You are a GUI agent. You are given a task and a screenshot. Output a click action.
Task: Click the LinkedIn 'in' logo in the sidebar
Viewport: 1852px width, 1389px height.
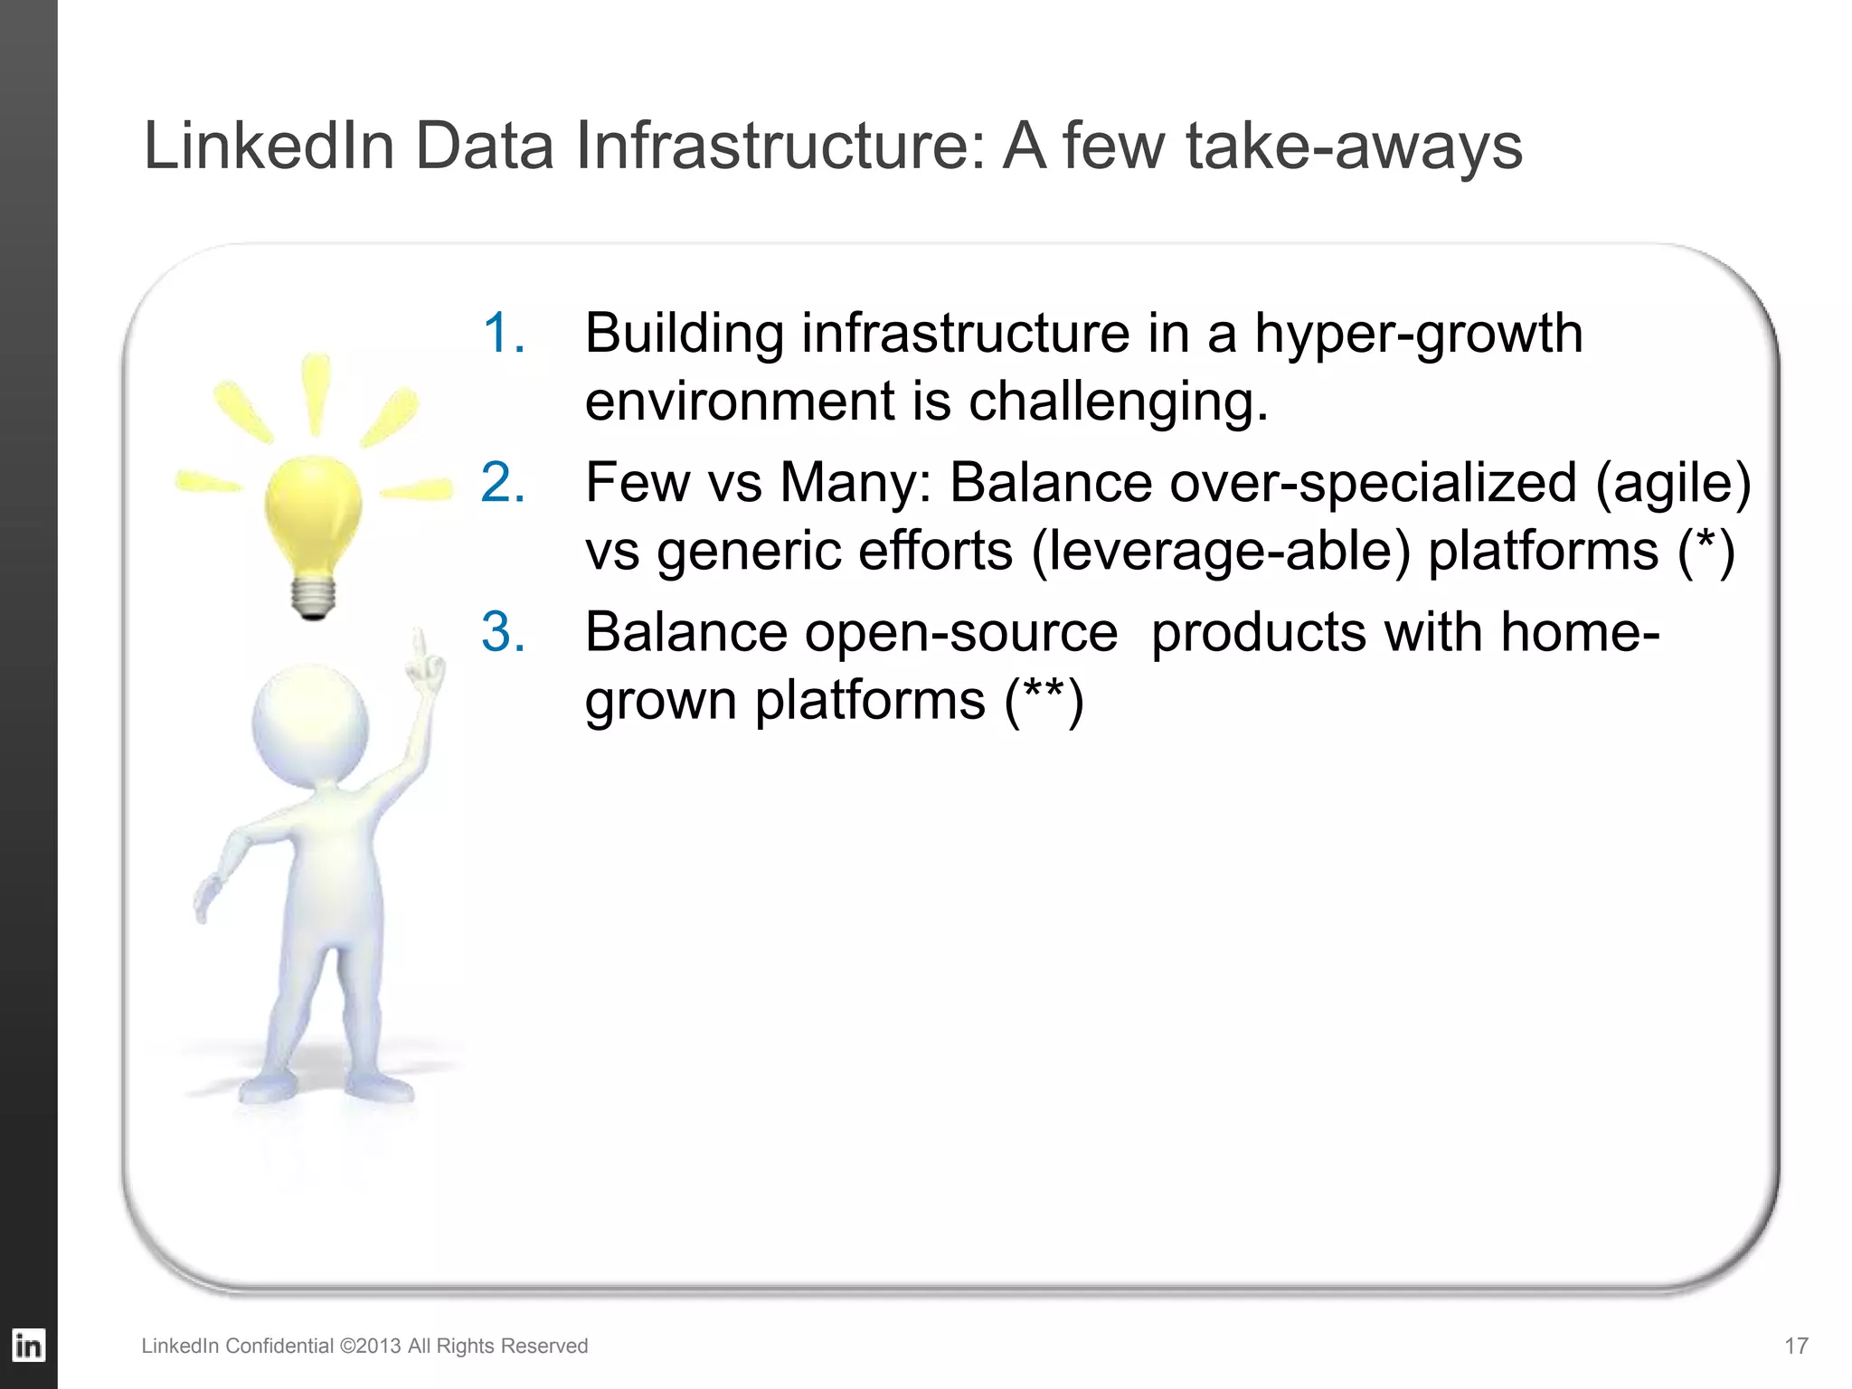[x=28, y=1346]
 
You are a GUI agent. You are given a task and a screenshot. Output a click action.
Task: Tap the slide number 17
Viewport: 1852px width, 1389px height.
[x=1796, y=1346]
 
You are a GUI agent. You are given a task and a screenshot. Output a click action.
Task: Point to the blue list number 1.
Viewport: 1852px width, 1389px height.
[x=503, y=333]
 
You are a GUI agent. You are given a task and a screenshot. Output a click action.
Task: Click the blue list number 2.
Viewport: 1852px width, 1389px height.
[x=503, y=482]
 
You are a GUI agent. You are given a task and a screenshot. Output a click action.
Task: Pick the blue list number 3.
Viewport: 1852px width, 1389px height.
[x=503, y=631]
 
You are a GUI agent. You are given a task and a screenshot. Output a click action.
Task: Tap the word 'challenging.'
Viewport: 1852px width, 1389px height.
[x=1119, y=401]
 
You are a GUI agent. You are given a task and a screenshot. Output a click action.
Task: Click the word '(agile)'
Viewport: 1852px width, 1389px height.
[x=1673, y=482]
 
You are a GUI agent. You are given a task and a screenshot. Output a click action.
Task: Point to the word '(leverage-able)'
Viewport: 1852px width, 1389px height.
[x=1220, y=551]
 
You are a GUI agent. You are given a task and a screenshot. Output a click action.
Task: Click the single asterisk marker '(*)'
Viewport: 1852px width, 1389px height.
[x=1706, y=551]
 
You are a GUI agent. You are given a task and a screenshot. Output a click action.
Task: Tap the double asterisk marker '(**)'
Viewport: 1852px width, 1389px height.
[x=1044, y=700]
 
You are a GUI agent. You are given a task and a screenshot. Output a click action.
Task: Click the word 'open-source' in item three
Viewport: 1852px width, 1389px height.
[x=961, y=633]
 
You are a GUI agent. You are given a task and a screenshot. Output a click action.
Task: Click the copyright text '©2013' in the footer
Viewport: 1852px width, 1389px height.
[x=370, y=1346]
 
